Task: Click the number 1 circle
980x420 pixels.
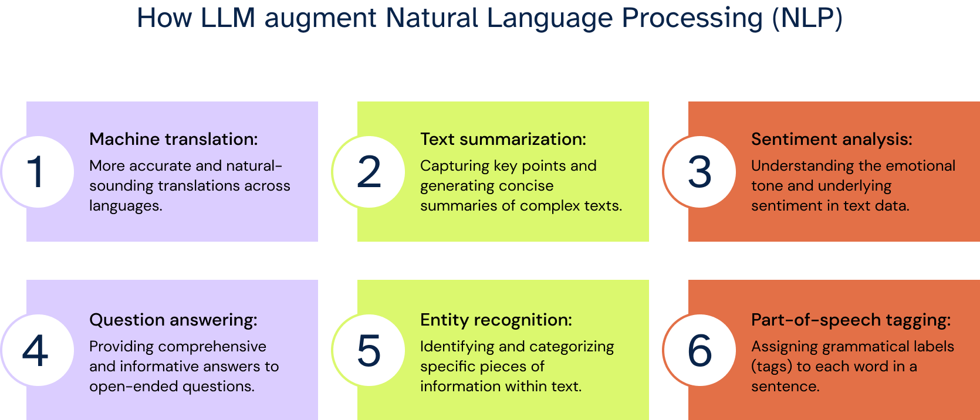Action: click(37, 172)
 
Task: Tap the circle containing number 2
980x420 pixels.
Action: click(369, 172)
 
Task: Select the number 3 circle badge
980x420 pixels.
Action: click(699, 172)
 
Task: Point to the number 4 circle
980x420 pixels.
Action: click(37, 350)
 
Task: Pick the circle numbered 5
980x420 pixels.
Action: click(369, 350)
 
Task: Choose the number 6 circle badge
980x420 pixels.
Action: click(699, 350)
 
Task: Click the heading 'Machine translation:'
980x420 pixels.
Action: click(173, 139)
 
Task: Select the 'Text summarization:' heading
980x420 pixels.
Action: click(503, 139)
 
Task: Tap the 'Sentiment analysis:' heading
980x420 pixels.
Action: click(832, 139)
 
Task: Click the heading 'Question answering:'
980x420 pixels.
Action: click(173, 320)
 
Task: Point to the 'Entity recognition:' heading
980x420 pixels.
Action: click(496, 320)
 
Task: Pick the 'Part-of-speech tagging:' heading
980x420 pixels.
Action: click(851, 320)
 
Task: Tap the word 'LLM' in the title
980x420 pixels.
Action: click(228, 18)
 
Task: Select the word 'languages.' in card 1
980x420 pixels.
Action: click(126, 206)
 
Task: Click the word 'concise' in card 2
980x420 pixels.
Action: click(526, 186)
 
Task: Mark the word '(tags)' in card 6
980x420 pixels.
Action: click(771, 367)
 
